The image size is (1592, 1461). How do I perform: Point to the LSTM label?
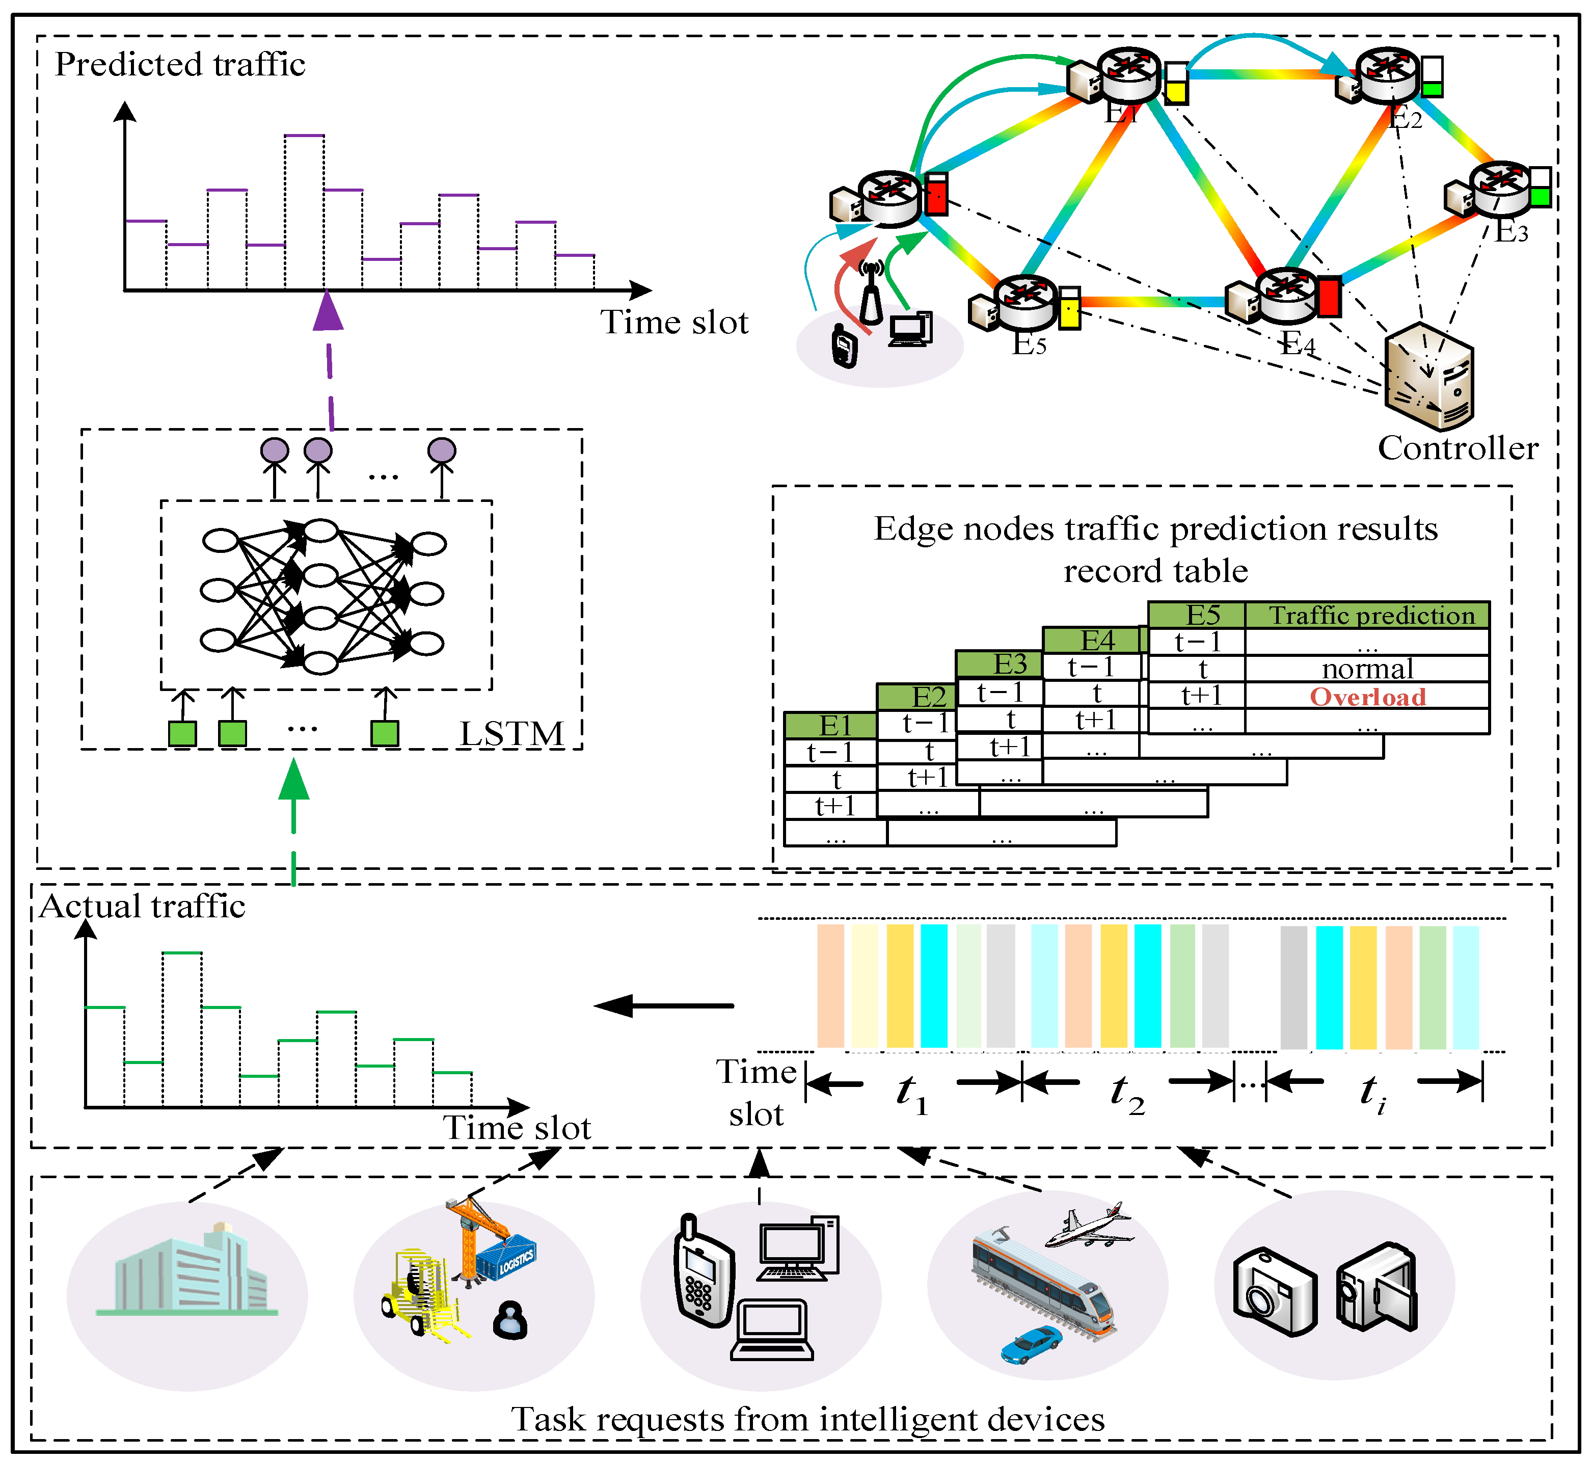coord(512,734)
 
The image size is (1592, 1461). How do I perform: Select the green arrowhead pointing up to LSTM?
coord(294,779)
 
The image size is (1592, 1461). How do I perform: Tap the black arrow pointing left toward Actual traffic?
coord(663,1005)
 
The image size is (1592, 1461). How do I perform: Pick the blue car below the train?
coord(1032,1343)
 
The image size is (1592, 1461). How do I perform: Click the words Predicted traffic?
coord(180,64)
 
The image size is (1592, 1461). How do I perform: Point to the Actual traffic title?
coord(142,906)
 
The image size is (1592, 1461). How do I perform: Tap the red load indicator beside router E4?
coord(1330,297)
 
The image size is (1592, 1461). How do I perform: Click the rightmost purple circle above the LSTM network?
coord(442,450)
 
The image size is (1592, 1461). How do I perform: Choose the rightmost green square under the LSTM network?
coord(385,734)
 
